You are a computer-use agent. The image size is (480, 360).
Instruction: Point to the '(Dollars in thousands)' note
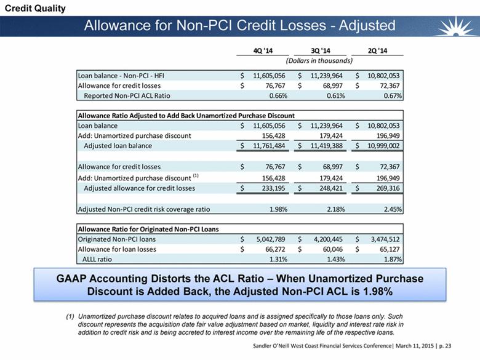[318, 61]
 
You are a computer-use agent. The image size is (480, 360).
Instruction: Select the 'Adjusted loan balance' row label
[118, 146]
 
